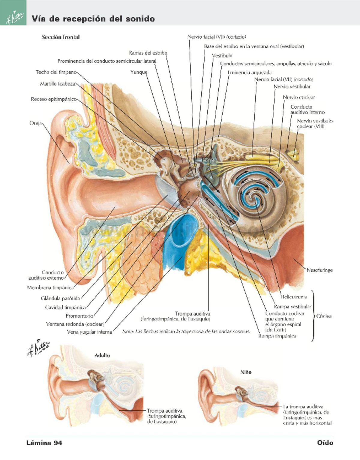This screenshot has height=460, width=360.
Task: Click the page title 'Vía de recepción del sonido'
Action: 93,19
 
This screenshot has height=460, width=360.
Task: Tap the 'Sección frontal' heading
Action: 61,37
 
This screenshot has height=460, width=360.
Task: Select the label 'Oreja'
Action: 35,123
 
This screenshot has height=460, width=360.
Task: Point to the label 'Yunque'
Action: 139,72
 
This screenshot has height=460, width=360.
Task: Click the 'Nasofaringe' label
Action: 319,270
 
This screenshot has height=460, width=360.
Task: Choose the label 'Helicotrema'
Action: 294,297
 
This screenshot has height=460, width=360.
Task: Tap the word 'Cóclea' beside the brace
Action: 324,316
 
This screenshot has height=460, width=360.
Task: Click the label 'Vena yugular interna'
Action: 89,332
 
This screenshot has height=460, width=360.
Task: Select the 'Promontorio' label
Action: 79,316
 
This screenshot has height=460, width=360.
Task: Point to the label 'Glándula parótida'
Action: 61,298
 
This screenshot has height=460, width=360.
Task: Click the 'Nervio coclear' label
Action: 299,97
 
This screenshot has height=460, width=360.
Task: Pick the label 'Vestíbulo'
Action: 222,56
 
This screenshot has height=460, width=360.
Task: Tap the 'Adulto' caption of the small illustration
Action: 102,355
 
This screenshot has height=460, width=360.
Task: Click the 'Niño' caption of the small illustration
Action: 246,372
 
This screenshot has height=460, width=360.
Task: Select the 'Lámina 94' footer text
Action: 44,443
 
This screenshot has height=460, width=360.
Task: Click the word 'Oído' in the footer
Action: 325,443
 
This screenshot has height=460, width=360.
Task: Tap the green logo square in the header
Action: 13,13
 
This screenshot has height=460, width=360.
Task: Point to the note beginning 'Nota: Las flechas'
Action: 186,332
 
